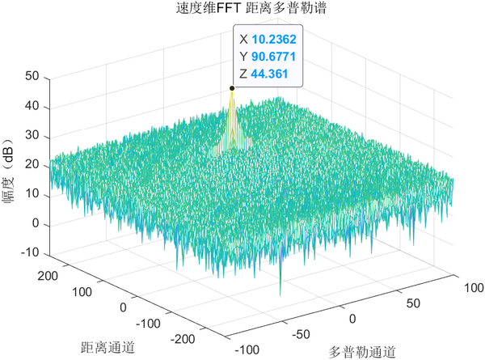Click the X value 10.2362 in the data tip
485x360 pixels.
pos(274,38)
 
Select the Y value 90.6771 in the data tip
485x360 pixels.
pos(274,56)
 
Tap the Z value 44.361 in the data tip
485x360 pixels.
pos(272,74)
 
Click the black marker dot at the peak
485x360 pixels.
pos(232,88)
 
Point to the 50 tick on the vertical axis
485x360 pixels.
pos(32,77)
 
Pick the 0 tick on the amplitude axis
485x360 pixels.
pos(36,224)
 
